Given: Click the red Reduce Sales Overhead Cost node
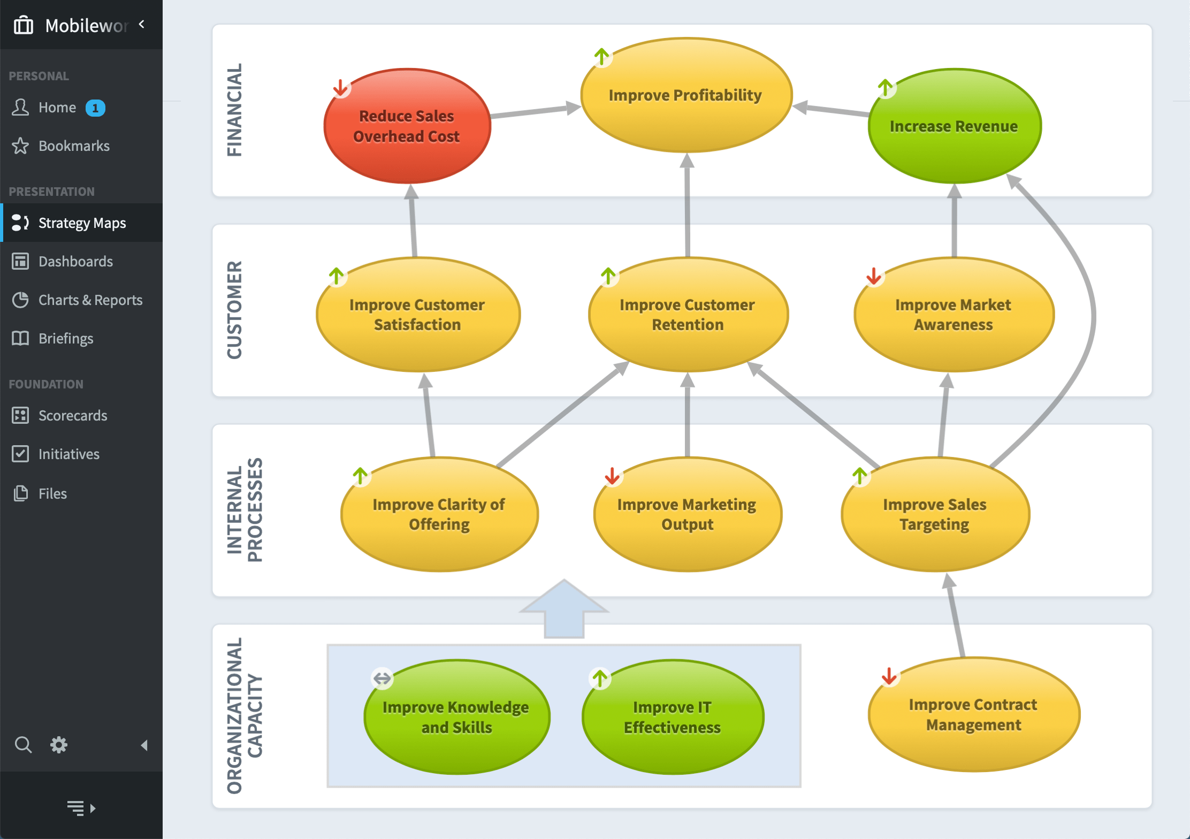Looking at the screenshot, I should [x=407, y=126].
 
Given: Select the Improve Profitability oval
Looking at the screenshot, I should [x=686, y=95].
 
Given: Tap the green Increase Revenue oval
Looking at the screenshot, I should [x=954, y=126].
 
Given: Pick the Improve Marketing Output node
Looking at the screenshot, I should [x=687, y=514].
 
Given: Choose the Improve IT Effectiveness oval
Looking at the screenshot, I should [x=673, y=717].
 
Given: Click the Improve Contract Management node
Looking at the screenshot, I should [x=973, y=715].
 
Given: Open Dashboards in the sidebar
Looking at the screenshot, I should [x=75, y=262].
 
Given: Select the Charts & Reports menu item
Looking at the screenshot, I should [x=90, y=300].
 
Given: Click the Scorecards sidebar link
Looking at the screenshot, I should [x=73, y=416].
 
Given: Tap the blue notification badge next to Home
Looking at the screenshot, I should [x=95, y=108].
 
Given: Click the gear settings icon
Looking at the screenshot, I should [x=59, y=745].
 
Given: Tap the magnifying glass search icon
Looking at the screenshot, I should [x=23, y=745].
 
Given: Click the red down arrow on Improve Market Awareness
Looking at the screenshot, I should [x=874, y=276].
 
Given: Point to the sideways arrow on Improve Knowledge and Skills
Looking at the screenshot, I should [x=382, y=678].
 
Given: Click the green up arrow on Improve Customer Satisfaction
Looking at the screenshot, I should [x=337, y=276].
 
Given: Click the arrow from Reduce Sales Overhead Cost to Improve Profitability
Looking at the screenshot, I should [x=535, y=111].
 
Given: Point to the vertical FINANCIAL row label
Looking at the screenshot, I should [x=235, y=110].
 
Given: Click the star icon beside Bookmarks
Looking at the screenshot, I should [x=20, y=146].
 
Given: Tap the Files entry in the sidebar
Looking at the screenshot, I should [x=52, y=494].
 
